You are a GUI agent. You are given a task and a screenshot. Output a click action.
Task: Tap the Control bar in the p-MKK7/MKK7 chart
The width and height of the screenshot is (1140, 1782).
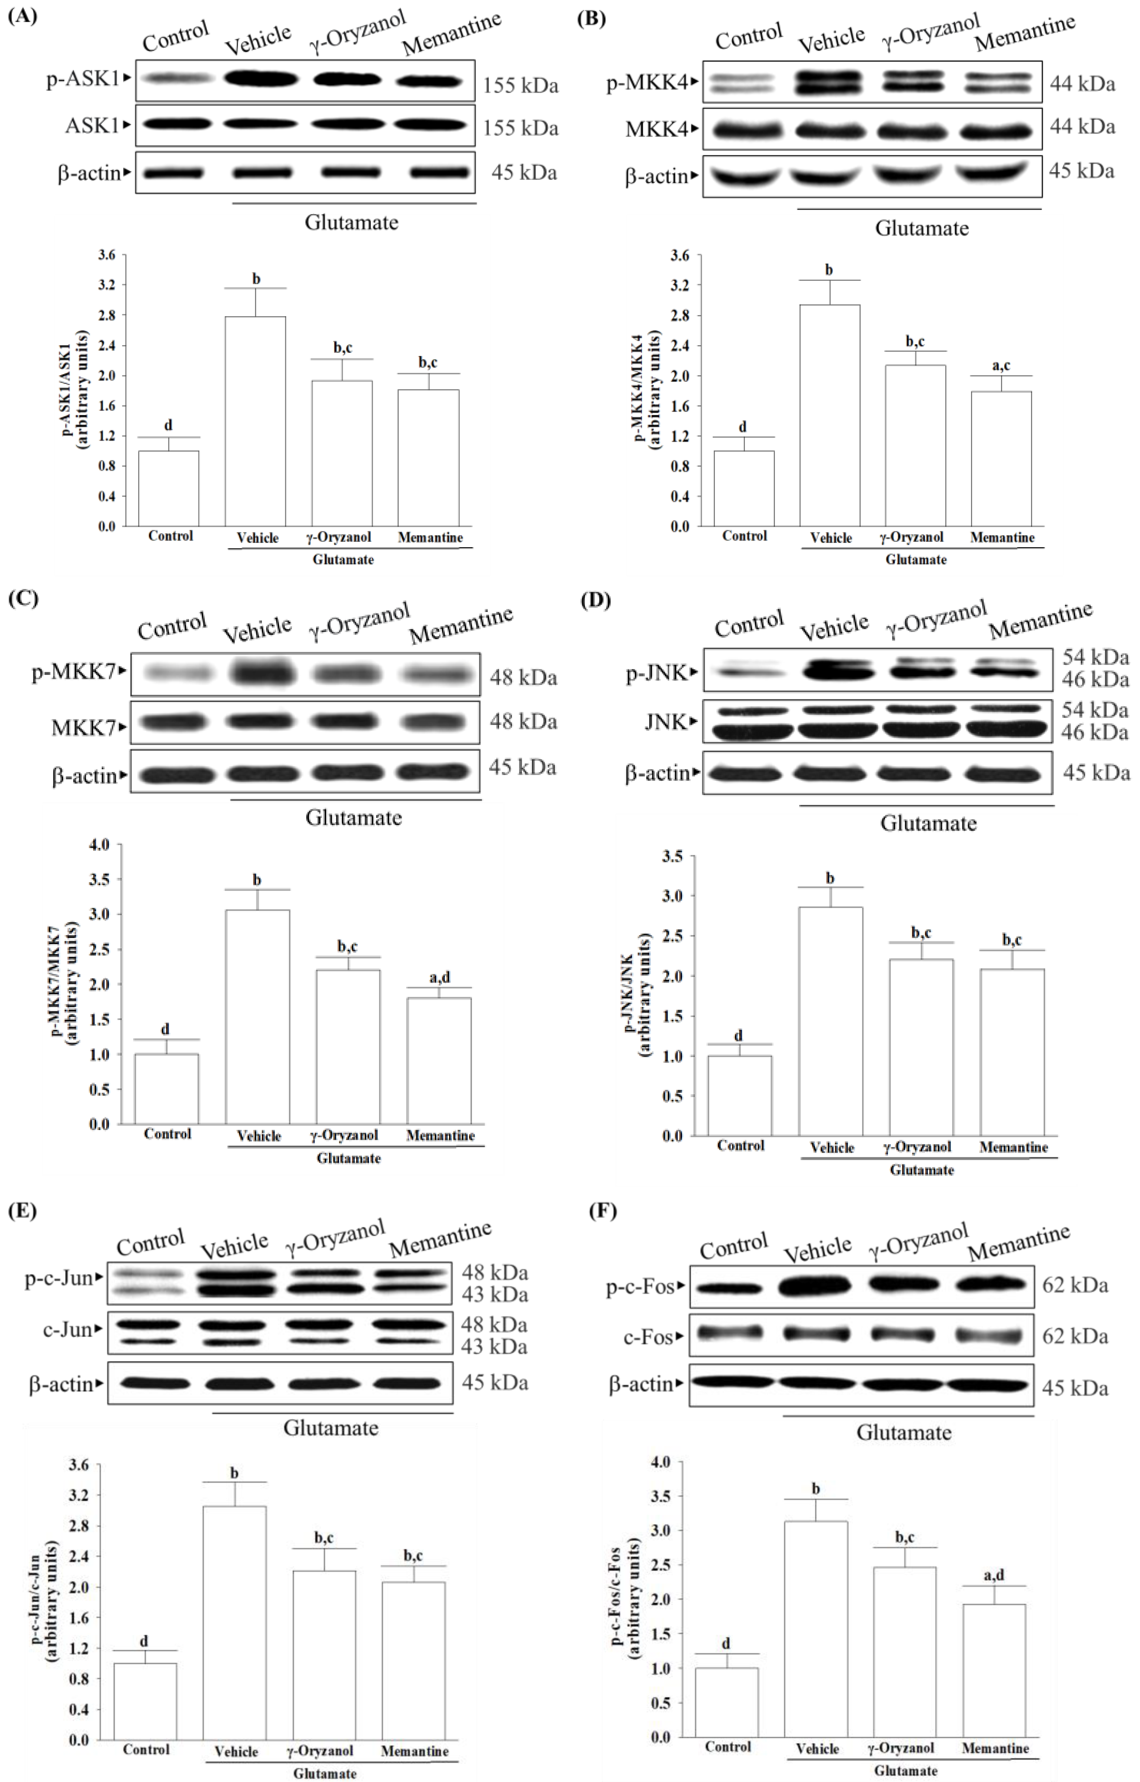pyautogui.click(x=166, y=1088)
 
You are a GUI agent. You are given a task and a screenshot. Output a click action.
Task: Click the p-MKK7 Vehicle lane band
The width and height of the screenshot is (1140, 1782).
pyautogui.click(x=258, y=674)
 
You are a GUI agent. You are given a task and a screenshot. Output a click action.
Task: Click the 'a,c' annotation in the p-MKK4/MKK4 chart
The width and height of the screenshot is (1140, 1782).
pyautogui.click(x=1001, y=366)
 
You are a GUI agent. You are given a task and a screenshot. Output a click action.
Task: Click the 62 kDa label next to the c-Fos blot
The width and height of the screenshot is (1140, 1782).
pyautogui.click(x=1075, y=1336)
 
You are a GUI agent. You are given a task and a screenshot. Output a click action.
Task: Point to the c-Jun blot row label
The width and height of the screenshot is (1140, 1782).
pyautogui.click(x=66, y=1330)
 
